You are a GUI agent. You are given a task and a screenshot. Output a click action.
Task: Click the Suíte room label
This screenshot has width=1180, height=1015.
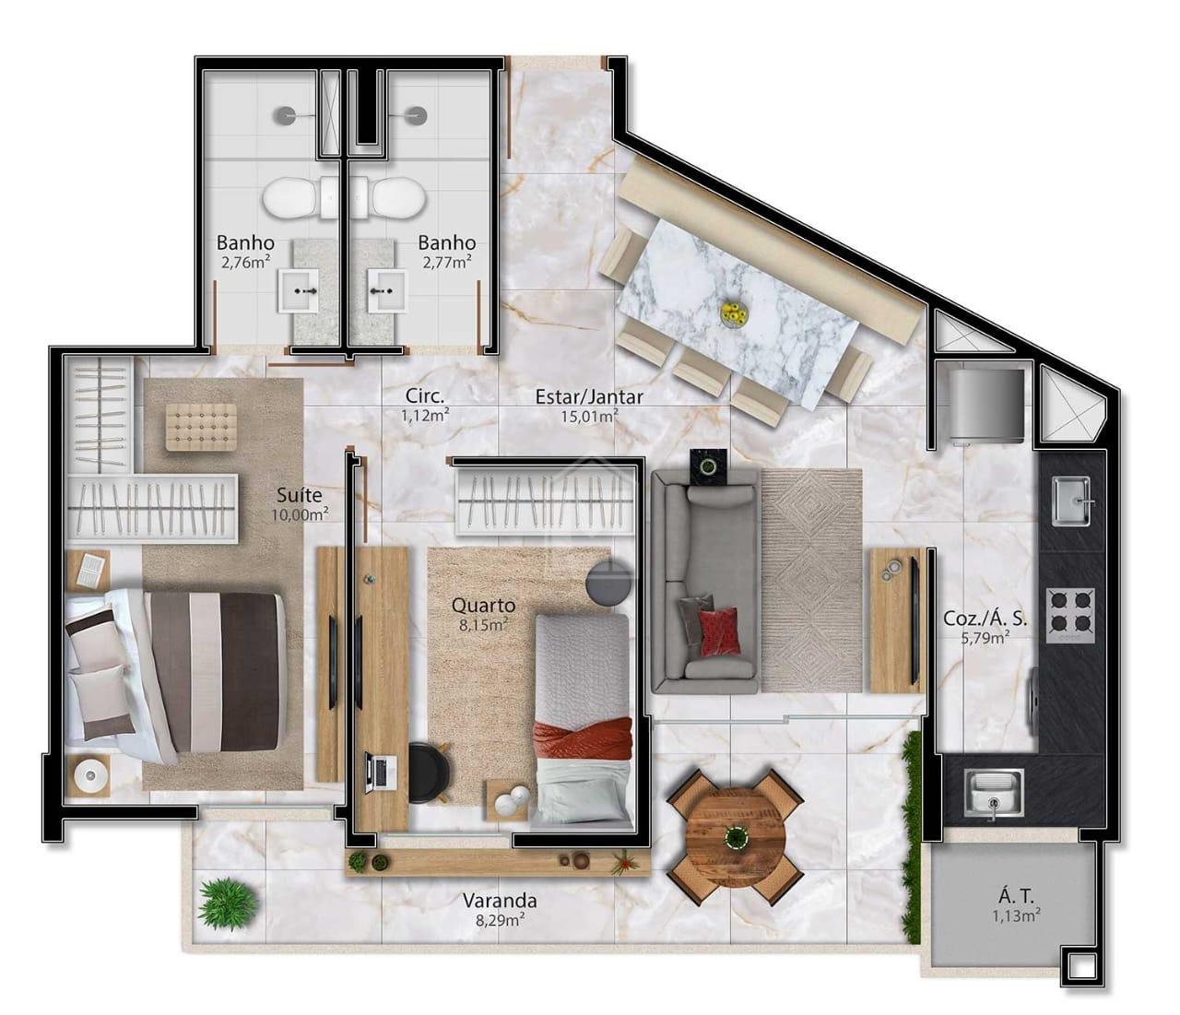[x=299, y=495]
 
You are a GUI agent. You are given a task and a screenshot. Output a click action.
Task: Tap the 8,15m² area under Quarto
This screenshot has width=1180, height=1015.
[x=483, y=625]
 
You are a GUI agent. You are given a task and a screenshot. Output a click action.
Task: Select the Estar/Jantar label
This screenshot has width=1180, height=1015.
[x=589, y=397]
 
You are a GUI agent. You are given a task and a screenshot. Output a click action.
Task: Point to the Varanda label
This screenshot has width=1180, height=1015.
[x=500, y=901]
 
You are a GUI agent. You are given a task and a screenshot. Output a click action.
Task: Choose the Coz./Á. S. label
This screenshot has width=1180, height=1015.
[x=985, y=619]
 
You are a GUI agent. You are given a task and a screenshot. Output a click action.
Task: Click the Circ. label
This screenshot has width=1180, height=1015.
[x=425, y=396]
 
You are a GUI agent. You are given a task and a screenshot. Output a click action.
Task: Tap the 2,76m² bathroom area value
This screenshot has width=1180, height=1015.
[x=244, y=262]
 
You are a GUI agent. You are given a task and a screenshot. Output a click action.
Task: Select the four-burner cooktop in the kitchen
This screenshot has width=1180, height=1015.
[x=1071, y=615]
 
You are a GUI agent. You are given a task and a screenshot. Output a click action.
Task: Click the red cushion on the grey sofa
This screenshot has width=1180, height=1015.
[x=718, y=631]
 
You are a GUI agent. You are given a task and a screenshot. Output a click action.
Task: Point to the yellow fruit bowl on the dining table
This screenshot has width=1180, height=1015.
[x=734, y=313]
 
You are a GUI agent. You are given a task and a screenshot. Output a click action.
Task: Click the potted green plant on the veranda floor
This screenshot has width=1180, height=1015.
[x=226, y=903]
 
